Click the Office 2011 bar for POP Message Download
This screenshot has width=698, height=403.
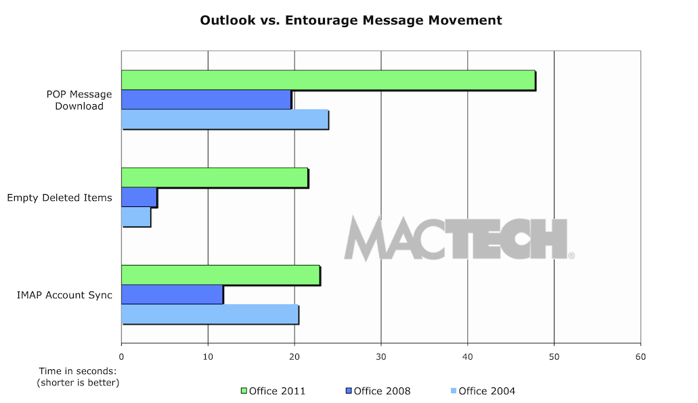click(x=328, y=80)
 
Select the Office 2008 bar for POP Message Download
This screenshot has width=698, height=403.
click(x=206, y=99)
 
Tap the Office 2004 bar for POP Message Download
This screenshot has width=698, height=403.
click(x=225, y=119)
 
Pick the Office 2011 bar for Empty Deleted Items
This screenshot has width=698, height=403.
click(x=215, y=178)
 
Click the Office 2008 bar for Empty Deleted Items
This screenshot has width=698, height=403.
click(x=139, y=197)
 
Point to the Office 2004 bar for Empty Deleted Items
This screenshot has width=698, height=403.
click(x=136, y=217)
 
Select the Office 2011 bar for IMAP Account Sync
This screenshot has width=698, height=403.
click(x=221, y=275)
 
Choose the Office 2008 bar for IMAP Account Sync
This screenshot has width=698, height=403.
click(x=172, y=295)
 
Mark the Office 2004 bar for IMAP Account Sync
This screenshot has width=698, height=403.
click(x=210, y=314)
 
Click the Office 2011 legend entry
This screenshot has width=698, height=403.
click(x=274, y=391)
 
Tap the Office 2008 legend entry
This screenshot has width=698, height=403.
click(x=378, y=391)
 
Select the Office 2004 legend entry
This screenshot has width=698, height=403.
click(x=483, y=391)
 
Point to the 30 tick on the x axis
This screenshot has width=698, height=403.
click(x=381, y=356)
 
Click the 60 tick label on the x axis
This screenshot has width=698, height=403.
click(x=640, y=356)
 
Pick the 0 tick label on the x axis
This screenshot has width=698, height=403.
click(x=122, y=356)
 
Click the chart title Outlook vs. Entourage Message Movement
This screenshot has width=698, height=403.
click(x=351, y=20)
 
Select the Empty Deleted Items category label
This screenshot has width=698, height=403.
click(x=60, y=198)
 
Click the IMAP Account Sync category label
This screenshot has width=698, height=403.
click(x=65, y=295)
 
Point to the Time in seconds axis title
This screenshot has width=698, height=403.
click(x=77, y=377)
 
